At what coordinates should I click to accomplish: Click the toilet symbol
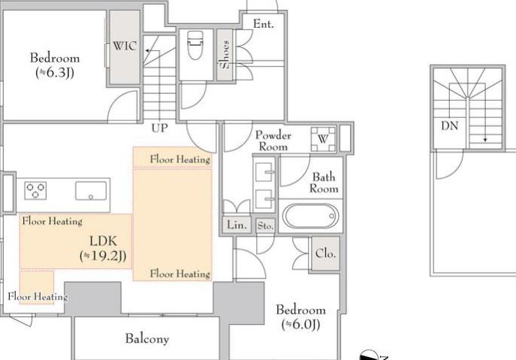(x=195, y=45)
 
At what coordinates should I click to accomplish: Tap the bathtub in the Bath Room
(x=310, y=216)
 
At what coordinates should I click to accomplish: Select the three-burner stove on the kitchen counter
(x=35, y=191)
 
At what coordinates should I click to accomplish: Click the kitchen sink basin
(x=91, y=191)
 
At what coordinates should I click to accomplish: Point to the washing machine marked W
(x=323, y=139)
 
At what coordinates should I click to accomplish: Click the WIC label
(x=125, y=46)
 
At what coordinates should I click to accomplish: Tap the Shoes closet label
(x=225, y=55)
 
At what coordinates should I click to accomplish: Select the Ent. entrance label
(x=264, y=24)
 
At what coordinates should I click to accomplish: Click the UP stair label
(x=159, y=128)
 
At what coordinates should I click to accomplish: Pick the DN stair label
(x=449, y=126)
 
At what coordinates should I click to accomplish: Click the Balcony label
(x=147, y=339)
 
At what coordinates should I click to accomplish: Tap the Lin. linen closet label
(x=237, y=225)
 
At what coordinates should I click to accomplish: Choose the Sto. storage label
(x=265, y=226)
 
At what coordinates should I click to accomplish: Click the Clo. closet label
(x=325, y=253)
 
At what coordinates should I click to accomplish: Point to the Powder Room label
(x=273, y=141)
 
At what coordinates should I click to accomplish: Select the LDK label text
(x=103, y=241)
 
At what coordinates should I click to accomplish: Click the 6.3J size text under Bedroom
(x=55, y=73)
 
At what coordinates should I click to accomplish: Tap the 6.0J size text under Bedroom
(x=300, y=325)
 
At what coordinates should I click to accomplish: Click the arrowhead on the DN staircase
(x=485, y=140)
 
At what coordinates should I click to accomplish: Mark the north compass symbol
(x=370, y=355)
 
